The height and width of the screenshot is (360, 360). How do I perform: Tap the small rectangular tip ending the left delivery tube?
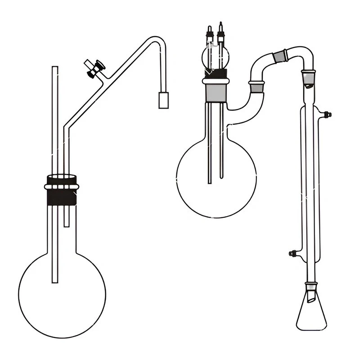[163, 100]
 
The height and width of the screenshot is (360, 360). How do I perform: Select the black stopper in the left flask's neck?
[62, 196]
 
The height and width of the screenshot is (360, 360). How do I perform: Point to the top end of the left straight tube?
[55, 68]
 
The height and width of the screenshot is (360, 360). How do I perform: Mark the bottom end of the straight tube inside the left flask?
[55, 281]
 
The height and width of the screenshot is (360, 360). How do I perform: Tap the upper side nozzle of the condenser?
[327, 114]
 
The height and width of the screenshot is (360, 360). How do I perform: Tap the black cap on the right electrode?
[220, 27]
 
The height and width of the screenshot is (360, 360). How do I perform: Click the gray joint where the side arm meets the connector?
[256, 86]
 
